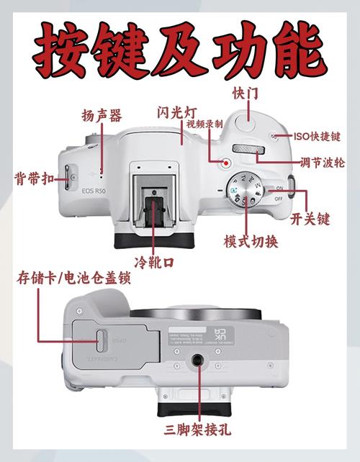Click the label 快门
[245, 94]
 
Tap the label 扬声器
[102, 115]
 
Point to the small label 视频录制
[204, 124]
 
